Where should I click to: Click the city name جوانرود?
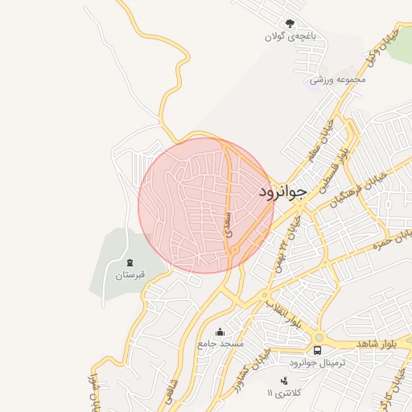point(283,192)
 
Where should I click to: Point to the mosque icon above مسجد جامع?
point(220,331)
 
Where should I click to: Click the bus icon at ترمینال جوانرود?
point(318,351)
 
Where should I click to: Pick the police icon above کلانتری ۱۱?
point(282,381)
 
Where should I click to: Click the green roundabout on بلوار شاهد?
point(319,337)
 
